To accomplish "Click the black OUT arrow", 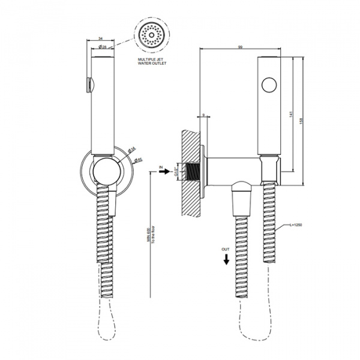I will click(226, 259).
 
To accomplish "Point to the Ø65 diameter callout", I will click(137, 160).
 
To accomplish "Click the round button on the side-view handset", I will click(269, 85).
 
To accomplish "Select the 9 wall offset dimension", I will click(203, 114).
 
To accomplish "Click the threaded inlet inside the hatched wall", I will click(191, 172).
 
